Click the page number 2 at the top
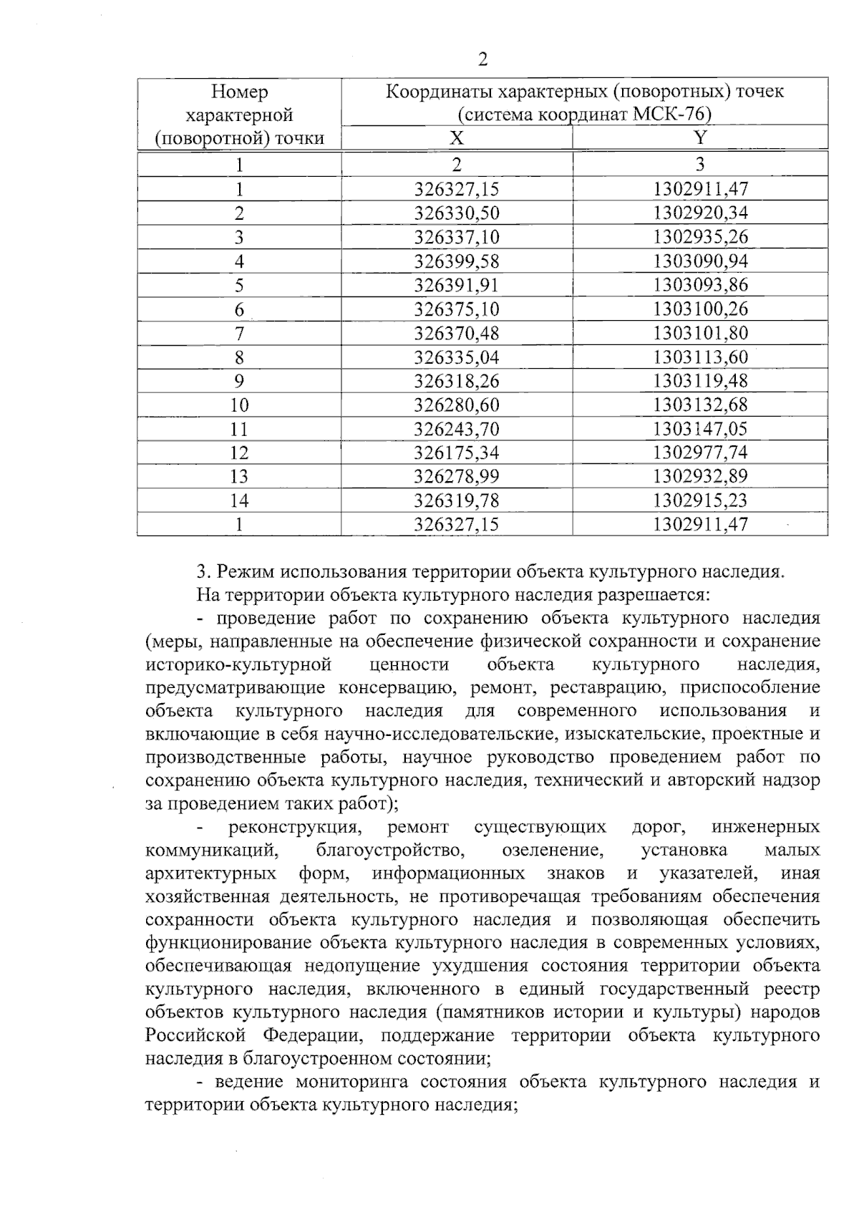coord(482,59)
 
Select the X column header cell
coord(457,138)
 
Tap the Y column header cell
coord(700,138)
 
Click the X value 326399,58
coord(457,261)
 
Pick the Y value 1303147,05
coord(700,429)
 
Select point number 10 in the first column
coord(239,405)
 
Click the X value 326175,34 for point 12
coord(457,453)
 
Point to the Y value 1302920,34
coord(700,213)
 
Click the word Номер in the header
coord(239,92)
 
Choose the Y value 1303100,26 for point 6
coord(700,309)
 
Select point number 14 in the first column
coord(239,500)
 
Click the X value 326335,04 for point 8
coord(457,357)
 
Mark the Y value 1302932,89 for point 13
coord(700,477)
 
